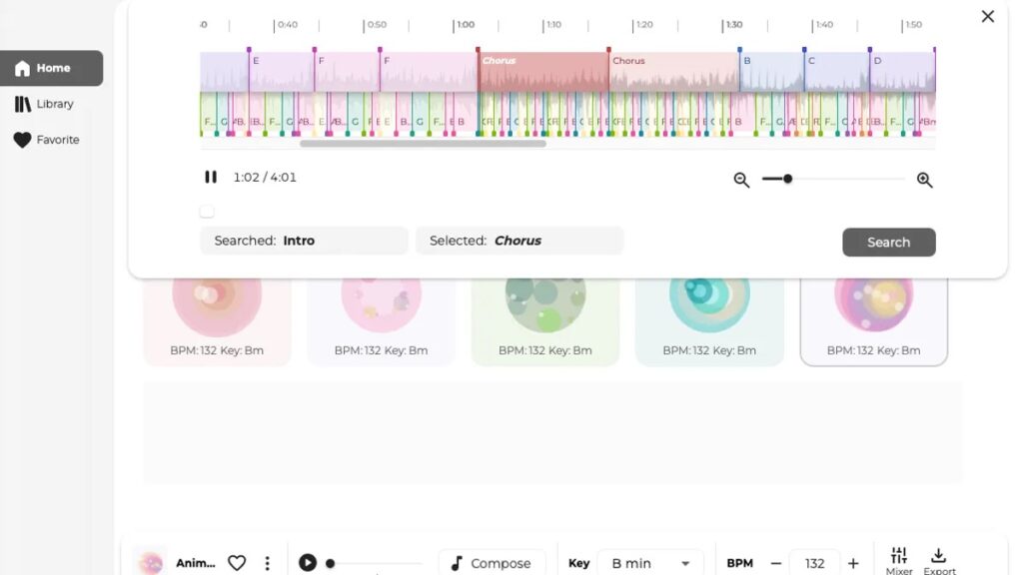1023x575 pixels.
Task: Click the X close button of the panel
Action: pyautogui.click(x=987, y=16)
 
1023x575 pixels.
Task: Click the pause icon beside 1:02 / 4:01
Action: pyautogui.click(x=211, y=177)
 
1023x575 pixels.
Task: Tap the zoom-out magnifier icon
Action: pyautogui.click(x=741, y=180)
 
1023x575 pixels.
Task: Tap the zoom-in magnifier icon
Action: pyautogui.click(x=924, y=180)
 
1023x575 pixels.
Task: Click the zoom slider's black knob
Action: pyautogui.click(x=787, y=179)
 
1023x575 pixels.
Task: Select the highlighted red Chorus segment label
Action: pyautogui.click(x=500, y=61)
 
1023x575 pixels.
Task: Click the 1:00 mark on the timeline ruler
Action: pyautogui.click(x=465, y=25)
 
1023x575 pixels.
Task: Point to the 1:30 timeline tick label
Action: pyautogui.click(x=734, y=25)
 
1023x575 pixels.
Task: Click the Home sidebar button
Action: pyautogui.click(x=52, y=68)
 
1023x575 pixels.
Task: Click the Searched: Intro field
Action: pyautogui.click(x=304, y=241)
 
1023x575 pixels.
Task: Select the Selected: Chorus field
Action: pyautogui.click(x=518, y=241)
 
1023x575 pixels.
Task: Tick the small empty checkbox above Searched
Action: pyautogui.click(x=207, y=211)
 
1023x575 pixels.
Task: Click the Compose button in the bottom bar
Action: pyautogui.click(x=492, y=563)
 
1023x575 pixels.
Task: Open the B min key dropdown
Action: pyautogui.click(x=649, y=563)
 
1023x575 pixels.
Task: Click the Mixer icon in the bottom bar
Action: pyautogui.click(x=899, y=560)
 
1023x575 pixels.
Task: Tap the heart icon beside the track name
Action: pyautogui.click(x=237, y=563)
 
